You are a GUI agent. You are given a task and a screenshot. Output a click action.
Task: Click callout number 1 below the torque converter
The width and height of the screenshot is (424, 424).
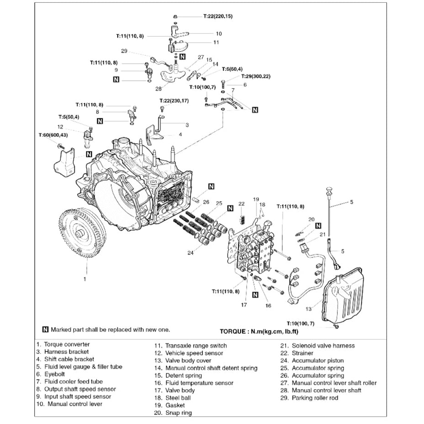[x=84, y=278]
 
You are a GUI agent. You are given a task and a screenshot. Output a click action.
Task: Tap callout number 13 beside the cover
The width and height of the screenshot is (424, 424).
[x=309, y=309]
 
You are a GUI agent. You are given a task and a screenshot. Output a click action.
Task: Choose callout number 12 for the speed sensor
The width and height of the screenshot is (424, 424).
[x=60, y=127]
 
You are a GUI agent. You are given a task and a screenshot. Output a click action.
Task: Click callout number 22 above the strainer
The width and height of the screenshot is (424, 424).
[x=242, y=204]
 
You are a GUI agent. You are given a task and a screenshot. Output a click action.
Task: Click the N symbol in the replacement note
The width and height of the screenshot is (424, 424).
[x=45, y=329]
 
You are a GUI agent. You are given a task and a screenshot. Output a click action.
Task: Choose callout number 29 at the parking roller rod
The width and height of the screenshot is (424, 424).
[x=124, y=51]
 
